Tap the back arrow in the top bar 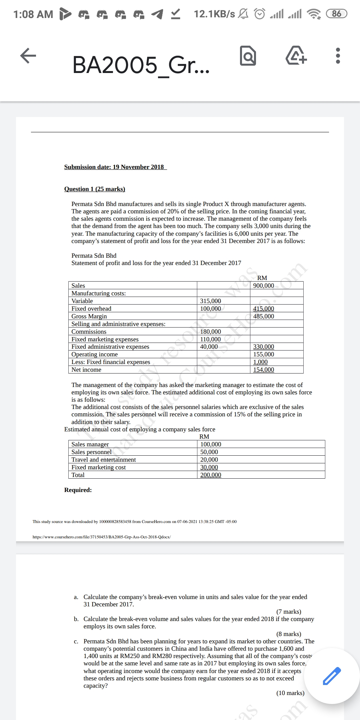[28, 55]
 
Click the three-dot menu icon [338, 56]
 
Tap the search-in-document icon [248, 56]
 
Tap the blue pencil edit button [331, 676]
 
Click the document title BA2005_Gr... [141, 65]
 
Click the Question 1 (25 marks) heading [95, 189]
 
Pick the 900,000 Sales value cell [264, 286]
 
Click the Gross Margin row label [89, 316]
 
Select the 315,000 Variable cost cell [210, 301]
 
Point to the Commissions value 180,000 [210, 332]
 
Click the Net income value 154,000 [264, 370]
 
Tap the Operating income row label [95, 354]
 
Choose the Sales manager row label [90, 444]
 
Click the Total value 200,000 [211, 475]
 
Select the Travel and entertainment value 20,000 [209, 460]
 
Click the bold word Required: [78, 490]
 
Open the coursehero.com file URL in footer [102, 537]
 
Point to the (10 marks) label [290, 693]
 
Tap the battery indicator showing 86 [337, 14]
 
